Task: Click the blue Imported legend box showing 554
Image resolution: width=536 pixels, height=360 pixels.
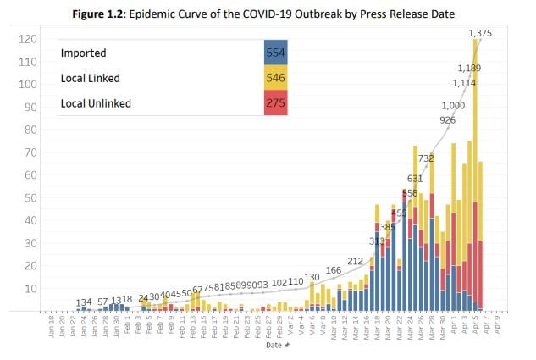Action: pyautogui.click(x=275, y=53)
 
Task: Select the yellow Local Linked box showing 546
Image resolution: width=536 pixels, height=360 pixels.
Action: pyautogui.click(x=275, y=78)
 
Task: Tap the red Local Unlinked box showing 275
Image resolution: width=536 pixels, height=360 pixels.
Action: pyautogui.click(x=275, y=102)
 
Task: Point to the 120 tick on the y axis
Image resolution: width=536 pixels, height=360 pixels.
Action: pyautogui.click(x=28, y=40)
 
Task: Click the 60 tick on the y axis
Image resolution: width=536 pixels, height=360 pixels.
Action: pyautogui.click(x=30, y=175)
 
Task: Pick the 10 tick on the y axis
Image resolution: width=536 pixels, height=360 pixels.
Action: pyautogui.click(x=30, y=289)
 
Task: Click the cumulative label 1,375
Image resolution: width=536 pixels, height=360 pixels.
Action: pyautogui.click(x=480, y=32)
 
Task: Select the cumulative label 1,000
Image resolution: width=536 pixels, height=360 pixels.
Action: pyautogui.click(x=454, y=104)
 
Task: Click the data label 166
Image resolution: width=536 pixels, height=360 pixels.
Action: pyautogui.click(x=334, y=270)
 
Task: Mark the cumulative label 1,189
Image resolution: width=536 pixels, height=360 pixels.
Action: pyautogui.click(x=469, y=68)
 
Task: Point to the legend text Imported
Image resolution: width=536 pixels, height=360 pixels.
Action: pyautogui.click(x=82, y=53)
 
